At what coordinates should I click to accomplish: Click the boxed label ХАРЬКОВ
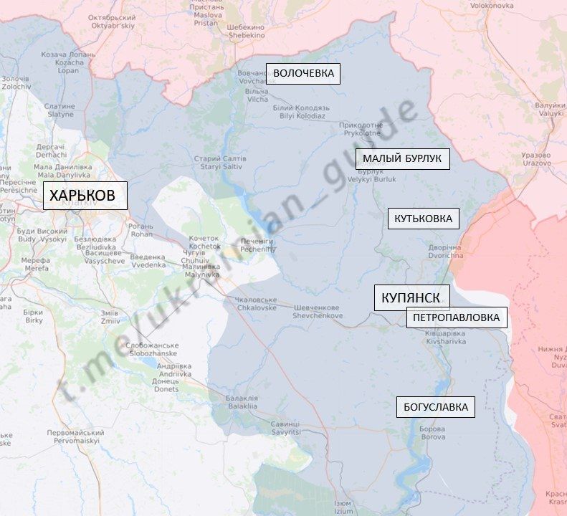click(x=85, y=195)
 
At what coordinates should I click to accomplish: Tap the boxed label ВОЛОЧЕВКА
click(x=304, y=73)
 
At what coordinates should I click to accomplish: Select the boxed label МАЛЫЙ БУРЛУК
click(x=402, y=159)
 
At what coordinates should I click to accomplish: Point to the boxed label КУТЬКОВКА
click(x=424, y=219)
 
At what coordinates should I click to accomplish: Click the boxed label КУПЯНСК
click(x=411, y=297)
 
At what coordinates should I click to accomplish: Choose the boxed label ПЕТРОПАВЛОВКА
click(x=457, y=317)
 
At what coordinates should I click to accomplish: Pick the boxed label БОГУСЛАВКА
click(x=436, y=408)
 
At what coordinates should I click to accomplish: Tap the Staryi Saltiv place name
click(x=220, y=162)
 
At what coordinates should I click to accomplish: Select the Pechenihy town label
click(x=257, y=246)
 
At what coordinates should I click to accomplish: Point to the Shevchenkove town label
click(x=318, y=312)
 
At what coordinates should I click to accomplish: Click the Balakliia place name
click(x=241, y=402)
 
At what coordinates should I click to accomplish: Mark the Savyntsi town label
click(x=285, y=428)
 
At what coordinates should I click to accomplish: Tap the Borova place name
click(x=433, y=433)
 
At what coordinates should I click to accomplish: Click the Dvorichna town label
click(x=446, y=252)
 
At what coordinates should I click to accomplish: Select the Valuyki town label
click(x=551, y=109)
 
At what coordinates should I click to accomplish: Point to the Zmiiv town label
click(x=110, y=317)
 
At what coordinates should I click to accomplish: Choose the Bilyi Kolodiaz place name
click(x=299, y=112)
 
